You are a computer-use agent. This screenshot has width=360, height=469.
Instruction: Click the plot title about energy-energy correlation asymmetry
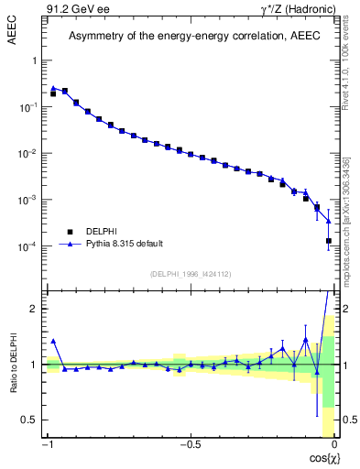(x=190, y=36)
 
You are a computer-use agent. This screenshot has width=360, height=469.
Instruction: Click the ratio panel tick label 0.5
(x=30, y=420)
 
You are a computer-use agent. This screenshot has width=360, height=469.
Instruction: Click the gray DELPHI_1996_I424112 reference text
(x=190, y=272)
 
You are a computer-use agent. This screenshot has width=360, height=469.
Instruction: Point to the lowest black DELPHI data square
(x=329, y=241)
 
